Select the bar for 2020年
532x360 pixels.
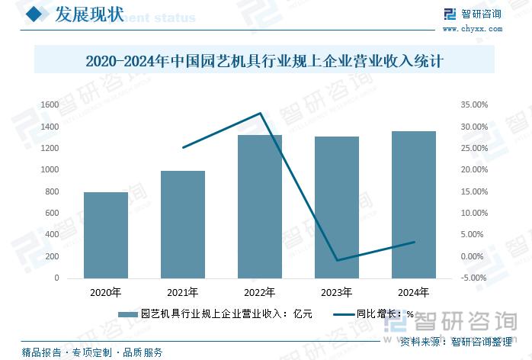coord(106,235)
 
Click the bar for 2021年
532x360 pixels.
coord(183,224)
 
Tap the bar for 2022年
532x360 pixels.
coord(260,206)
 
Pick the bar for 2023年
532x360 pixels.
coord(337,207)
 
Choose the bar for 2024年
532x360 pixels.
coord(414,204)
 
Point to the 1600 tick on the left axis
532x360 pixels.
coord(50,104)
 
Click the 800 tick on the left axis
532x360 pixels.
coord(52,191)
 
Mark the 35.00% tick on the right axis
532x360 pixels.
coord(475,104)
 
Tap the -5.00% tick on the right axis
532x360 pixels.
coord(475,278)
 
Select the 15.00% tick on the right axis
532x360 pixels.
coord(475,191)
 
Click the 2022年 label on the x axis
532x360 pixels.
coord(260,292)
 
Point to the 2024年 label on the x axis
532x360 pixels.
coord(414,292)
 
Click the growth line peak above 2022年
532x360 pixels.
coord(261,114)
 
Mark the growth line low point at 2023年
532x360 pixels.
coord(337,261)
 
